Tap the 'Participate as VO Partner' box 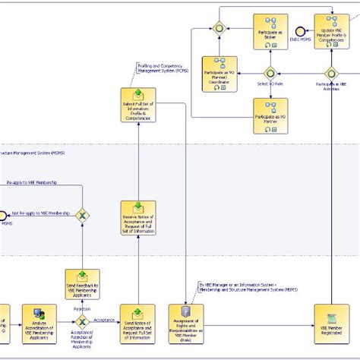pyautogui.click(x=270, y=115)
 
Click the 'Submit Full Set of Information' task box pyautogui.click(x=138, y=107)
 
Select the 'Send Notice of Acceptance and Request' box pyautogui.click(x=138, y=322)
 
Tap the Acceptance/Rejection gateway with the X pyautogui.click(x=82, y=322)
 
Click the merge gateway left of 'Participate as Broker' pyautogui.click(x=219, y=28)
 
